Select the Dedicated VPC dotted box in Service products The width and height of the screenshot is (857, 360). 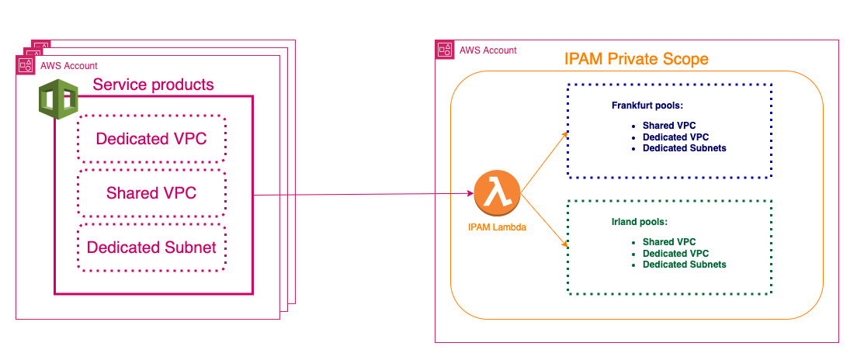click(151, 139)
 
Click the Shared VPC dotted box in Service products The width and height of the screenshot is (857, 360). click(151, 193)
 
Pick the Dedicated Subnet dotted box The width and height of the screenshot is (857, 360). click(151, 247)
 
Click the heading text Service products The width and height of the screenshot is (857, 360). click(153, 85)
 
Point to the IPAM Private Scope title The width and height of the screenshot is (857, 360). click(636, 59)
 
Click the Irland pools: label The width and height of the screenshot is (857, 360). click(640, 222)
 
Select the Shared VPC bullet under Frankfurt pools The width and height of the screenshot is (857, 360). click(668, 125)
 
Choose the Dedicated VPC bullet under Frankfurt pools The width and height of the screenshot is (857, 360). click(675, 137)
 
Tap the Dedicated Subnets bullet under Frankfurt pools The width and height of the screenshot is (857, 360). click(684, 147)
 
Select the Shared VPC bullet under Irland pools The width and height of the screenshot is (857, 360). click(668, 242)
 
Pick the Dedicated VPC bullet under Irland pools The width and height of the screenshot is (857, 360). click(675, 253)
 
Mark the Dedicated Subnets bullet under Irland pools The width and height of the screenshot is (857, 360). click(684, 265)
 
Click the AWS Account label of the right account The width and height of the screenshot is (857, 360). click(487, 50)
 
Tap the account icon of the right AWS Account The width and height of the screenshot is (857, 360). click(446, 50)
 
